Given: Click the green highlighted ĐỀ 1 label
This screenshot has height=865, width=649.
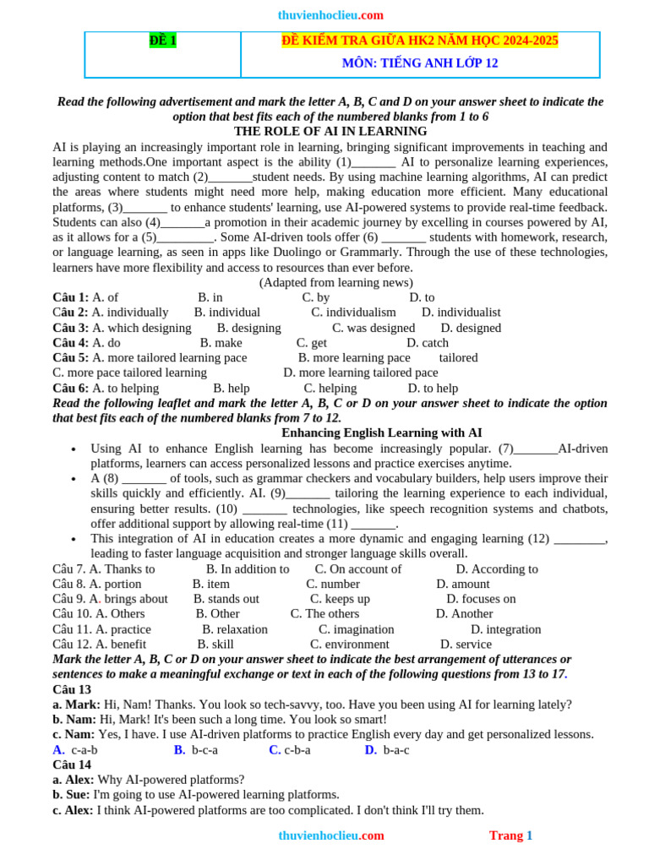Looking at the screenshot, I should click(162, 41).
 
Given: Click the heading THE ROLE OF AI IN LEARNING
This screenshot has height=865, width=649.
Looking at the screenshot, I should click(330, 132).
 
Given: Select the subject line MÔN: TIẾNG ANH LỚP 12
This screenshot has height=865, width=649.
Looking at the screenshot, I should click(419, 63).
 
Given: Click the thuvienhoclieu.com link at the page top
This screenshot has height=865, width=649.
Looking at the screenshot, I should click(319, 15).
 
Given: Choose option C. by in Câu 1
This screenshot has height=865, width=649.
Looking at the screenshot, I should click(316, 297).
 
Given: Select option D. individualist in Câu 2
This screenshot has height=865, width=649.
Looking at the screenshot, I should click(461, 313).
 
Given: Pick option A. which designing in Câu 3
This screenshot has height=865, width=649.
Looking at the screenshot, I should click(141, 328).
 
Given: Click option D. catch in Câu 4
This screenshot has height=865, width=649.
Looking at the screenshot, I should click(428, 343).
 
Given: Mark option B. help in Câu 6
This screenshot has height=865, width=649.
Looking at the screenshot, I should click(231, 389).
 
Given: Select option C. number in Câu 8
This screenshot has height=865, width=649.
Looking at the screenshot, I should click(333, 585).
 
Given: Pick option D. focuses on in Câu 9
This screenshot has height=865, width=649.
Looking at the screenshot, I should click(481, 600).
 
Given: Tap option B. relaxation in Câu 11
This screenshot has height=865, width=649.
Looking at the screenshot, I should click(235, 629).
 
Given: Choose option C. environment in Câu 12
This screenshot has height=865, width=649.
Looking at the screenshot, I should click(349, 645).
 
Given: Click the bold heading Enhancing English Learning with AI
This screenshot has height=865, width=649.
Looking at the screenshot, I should click(381, 432).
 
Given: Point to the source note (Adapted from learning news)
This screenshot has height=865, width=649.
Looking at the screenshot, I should click(335, 282).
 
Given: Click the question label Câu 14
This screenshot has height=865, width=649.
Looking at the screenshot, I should click(72, 764).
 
